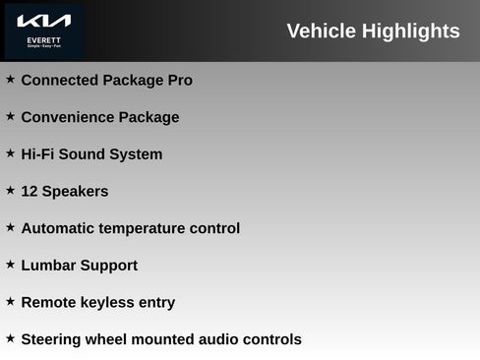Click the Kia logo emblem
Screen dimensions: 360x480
(43, 21)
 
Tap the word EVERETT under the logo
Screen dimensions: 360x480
(43, 40)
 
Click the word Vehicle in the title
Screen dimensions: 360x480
(321, 30)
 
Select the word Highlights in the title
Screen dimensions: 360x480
(410, 30)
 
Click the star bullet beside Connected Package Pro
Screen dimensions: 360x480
(10, 79)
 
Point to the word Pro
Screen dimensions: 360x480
(179, 80)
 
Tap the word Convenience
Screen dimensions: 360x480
(67, 117)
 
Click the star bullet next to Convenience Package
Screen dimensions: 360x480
(10, 116)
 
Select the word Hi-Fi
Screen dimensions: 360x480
(38, 154)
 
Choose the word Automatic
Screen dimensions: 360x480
(60, 228)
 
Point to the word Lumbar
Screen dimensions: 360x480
(48, 266)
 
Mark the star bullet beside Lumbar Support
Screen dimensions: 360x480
(10, 264)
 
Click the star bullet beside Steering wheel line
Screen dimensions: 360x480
(10, 337)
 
